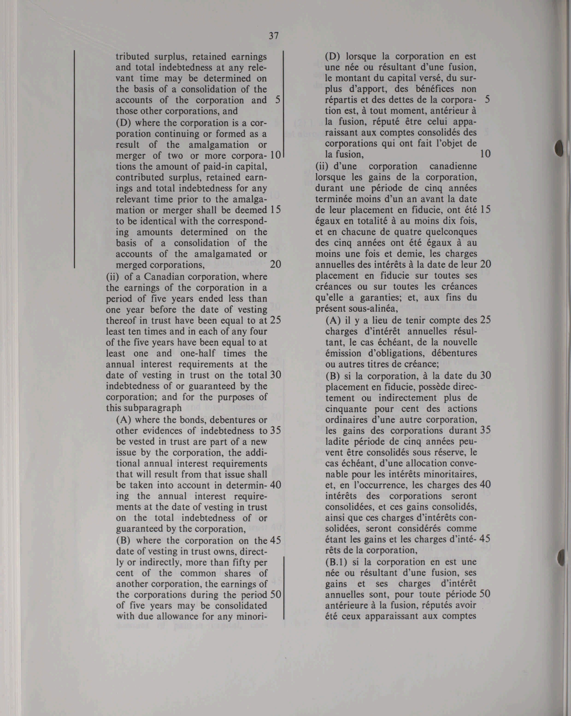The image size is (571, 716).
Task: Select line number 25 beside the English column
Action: [x=276, y=320]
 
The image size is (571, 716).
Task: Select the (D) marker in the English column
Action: [x=124, y=123]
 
